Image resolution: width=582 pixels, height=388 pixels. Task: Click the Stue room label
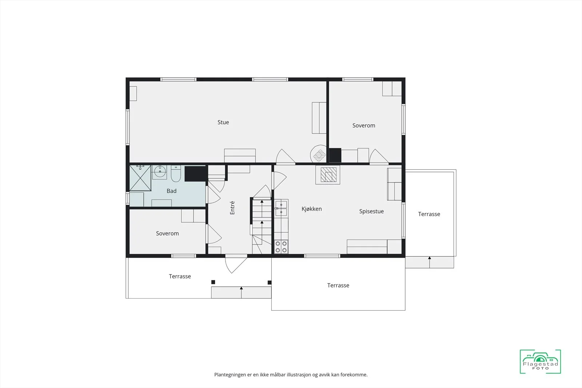(x=223, y=122)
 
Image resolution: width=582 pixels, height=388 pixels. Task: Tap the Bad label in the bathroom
(x=171, y=191)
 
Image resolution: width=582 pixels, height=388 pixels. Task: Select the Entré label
(x=232, y=208)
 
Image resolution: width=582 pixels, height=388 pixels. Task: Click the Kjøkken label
(x=311, y=209)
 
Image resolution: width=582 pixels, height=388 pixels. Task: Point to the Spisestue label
(x=371, y=211)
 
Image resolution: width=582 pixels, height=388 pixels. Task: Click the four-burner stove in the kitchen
(x=281, y=247)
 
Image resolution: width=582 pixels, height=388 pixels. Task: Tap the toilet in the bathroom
(x=176, y=173)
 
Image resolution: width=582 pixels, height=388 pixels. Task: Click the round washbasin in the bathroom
(x=159, y=172)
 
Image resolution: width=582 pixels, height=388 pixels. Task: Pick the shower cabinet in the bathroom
(x=140, y=178)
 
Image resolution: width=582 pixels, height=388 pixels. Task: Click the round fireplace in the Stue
(x=319, y=154)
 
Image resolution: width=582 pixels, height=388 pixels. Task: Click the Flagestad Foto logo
(x=540, y=361)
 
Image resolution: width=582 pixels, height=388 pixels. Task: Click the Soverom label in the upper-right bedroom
(x=363, y=125)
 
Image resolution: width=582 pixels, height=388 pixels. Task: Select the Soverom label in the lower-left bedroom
(x=167, y=233)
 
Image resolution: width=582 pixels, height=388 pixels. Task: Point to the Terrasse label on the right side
(x=429, y=214)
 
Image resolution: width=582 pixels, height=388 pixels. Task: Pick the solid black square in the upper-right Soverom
(x=335, y=155)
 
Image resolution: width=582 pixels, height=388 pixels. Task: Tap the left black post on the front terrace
(x=213, y=282)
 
